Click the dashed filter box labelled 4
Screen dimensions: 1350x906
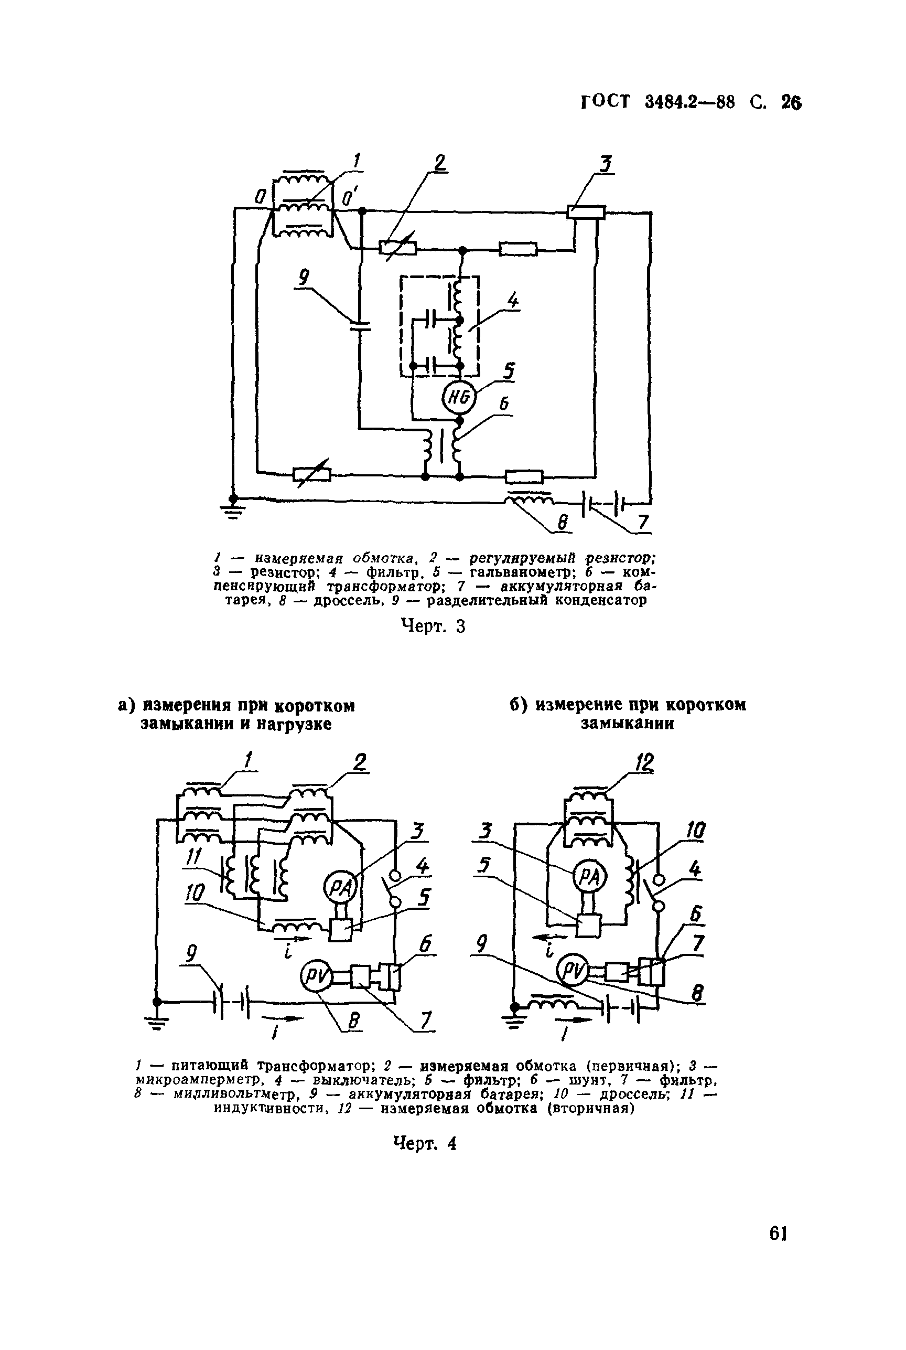tap(440, 327)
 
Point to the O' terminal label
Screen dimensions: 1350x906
tap(350, 198)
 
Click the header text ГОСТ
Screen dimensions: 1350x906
tap(605, 102)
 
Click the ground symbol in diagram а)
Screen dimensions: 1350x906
tap(155, 1012)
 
